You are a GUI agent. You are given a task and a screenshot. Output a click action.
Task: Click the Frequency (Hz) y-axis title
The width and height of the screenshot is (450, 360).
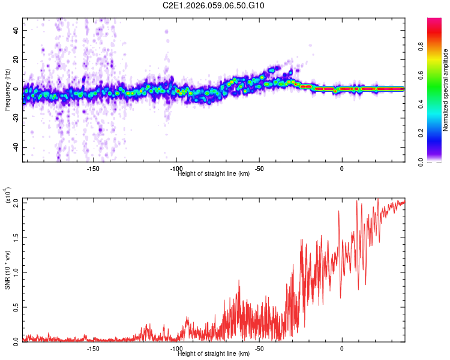pos(8,90)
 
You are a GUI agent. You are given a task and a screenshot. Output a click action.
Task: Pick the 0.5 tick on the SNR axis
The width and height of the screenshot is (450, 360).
pos(16,306)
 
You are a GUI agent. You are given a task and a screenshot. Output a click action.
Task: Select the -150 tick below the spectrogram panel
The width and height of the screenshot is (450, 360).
pos(93,169)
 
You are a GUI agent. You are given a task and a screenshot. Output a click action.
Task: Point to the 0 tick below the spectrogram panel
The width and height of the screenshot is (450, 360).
pos(342,169)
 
